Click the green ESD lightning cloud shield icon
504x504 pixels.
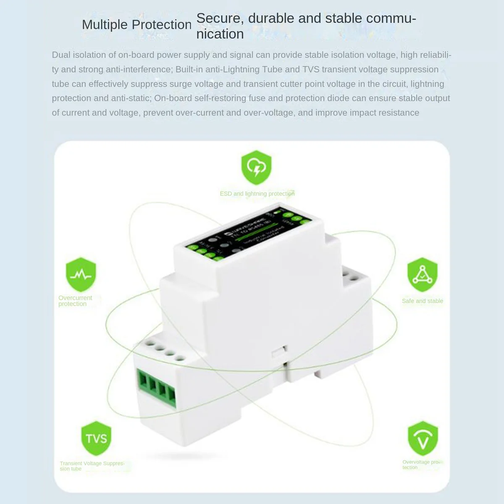pyautogui.click(x=256, y=168)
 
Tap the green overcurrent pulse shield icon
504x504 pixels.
pyautogui.click(x=81, y=275)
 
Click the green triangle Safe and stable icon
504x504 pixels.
pyautogui.click(x=422, y=275)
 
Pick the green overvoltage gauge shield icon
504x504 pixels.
pyautogui.click(x=423, y=438)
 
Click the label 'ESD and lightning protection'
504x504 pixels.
pyautogui.click(x=257, y=194)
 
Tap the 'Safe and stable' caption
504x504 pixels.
pyautogui.click(x=422, y=301)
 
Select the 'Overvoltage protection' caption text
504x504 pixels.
pyautogui.click(x=422, y=465)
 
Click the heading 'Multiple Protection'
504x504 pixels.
pyautogui.click(x=136, y=25)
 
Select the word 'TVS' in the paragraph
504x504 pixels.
pyautogui.click(x=311, y=69)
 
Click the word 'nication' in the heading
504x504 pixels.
pyautogui.click(x=220, y=34)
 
